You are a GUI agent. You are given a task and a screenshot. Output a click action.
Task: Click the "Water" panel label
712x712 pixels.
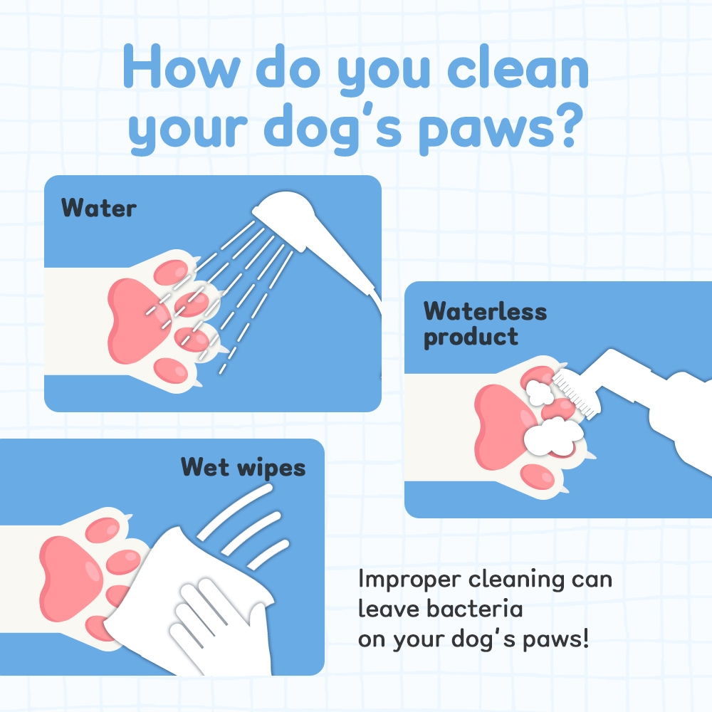click(x=98, y=208)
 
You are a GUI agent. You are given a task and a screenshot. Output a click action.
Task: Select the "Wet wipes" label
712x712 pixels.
click(x=243, y=468)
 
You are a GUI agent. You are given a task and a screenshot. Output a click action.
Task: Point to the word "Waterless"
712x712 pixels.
click(x=485, y=312)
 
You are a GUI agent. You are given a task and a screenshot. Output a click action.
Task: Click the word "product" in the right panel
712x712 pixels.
click(x=471, y=337)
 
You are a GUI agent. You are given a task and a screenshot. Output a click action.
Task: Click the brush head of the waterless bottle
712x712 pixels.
click(x=575, y=392)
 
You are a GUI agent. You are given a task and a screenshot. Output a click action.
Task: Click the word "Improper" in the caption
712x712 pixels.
click(x=409, y=580)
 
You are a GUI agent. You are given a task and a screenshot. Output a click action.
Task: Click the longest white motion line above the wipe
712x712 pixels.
click(x=235, y=511)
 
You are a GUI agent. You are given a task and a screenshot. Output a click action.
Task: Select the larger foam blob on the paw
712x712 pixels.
click(x=553, y=436)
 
